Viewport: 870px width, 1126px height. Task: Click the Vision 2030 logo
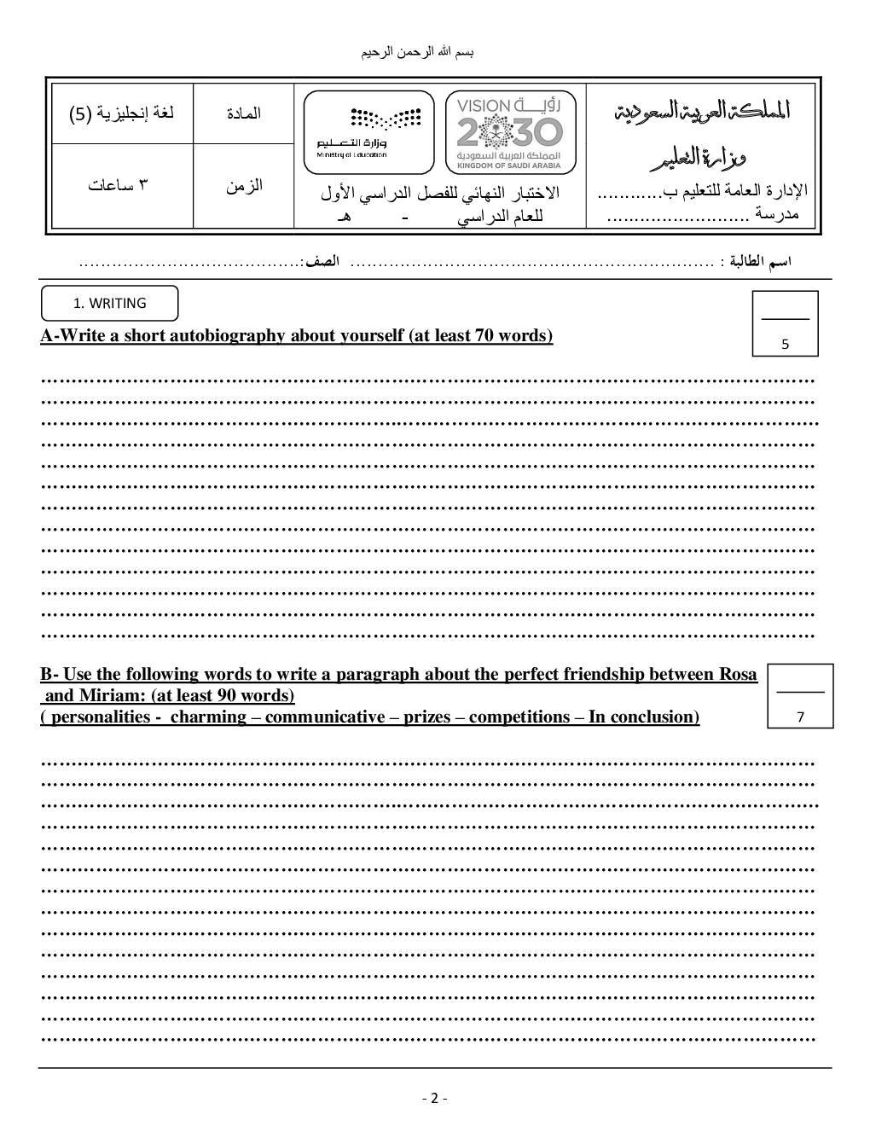[x=510, y=132]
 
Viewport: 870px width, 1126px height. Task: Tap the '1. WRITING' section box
[x=110, y=303]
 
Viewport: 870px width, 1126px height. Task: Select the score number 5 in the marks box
[x=786, y=345]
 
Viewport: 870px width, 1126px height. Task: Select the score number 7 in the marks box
[x=800, y=717]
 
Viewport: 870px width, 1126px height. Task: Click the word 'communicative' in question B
[x=325, y=717]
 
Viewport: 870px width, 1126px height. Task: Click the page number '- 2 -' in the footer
[x=434, y=1098]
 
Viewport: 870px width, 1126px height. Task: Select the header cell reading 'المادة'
[x=244, y=113]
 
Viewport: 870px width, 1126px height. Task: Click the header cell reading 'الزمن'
[x=244, y=185]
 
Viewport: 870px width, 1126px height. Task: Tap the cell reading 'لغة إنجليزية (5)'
[x=122, y=113]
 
